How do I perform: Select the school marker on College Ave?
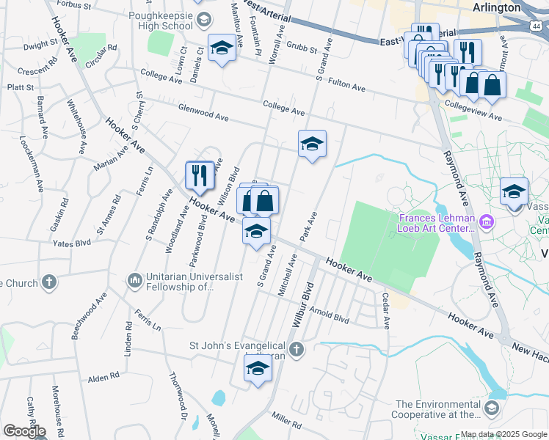(312, 144)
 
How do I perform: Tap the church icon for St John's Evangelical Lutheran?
(296, 349)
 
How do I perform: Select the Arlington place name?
(496, 7)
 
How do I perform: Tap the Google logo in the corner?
(24, 431)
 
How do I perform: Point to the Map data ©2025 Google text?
(503, 434)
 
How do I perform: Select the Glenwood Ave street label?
(203, 112)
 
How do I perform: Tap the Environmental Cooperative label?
(439, 409)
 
